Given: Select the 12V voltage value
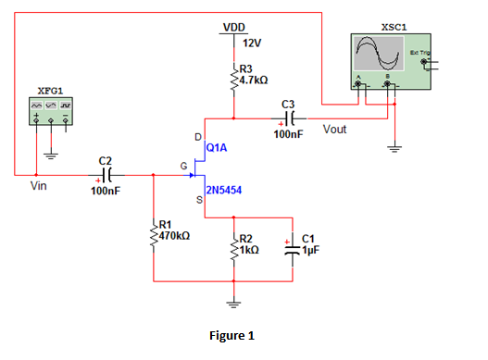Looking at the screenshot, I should [x=251, y=43].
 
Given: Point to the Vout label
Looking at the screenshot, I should [x=334, y=130].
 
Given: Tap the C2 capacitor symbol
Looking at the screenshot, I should [x=107, y=173].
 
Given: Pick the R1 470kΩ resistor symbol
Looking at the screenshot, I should [x=154, y=231].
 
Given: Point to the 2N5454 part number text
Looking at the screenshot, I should [x=225, y=192].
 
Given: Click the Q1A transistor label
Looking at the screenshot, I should [x=218, y=147].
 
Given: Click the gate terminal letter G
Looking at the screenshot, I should [x=183, y=166].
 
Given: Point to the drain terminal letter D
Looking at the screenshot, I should [x=197, y=137].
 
